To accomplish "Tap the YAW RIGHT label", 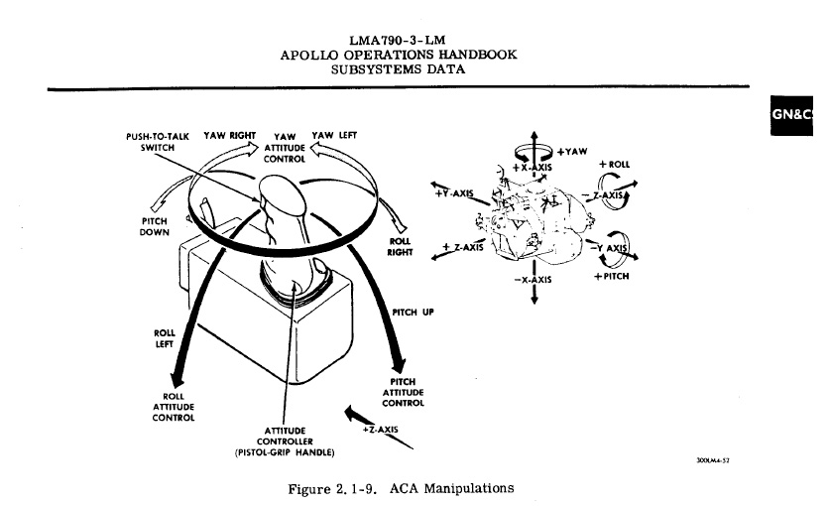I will point(230,134).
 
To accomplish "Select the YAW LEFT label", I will point(335,134).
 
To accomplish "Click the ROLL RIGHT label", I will point(401,245).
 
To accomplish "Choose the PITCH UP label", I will point(414,312).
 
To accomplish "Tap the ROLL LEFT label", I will point(166,338).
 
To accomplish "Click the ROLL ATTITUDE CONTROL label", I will point(172,407).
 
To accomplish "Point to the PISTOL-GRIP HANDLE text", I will point(286,452).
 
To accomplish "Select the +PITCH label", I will point(611,277).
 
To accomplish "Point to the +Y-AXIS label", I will point(455,191).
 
